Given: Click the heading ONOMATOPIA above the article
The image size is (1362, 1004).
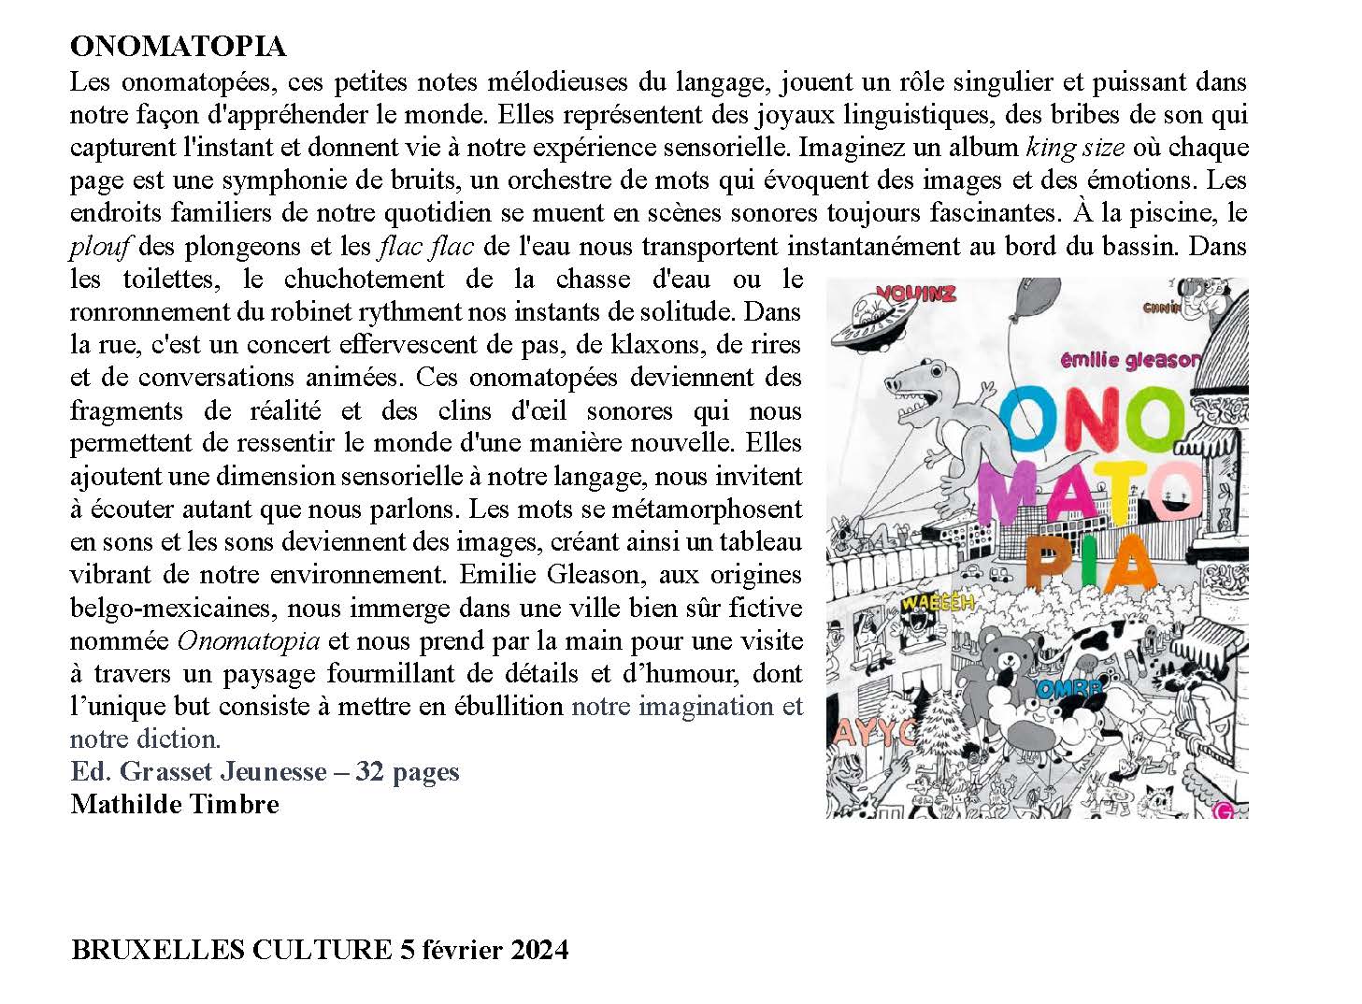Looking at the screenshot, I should point(178,47).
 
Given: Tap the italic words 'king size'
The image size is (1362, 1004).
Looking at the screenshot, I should point(1075,147).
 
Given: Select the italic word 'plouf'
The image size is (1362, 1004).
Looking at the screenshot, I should point(99,246).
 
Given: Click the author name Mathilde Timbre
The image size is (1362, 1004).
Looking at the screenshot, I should point(175,804).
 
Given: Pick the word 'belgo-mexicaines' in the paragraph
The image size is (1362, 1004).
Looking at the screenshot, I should point(169,608).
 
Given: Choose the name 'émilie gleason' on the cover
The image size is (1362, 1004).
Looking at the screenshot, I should point(1127,360).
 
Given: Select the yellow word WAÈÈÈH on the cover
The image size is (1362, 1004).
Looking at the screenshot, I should point(938,601).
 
